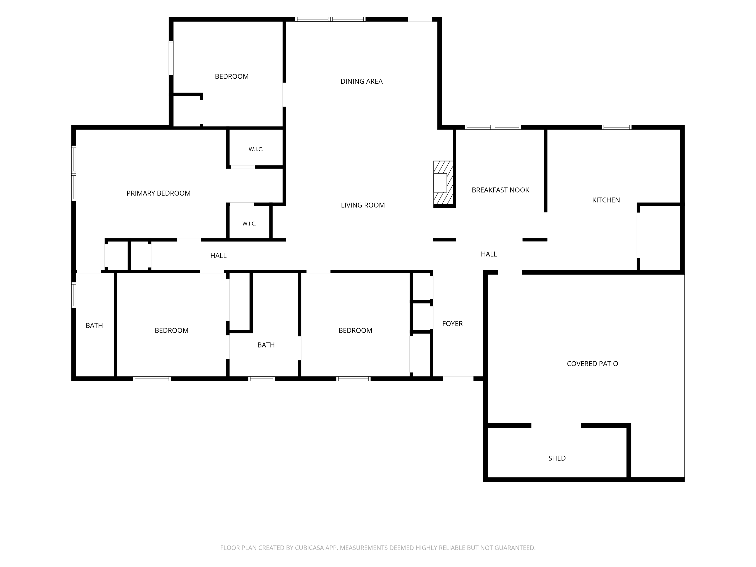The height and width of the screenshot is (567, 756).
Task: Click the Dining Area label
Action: [361, 81]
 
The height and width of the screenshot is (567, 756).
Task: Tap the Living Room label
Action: [363, 205]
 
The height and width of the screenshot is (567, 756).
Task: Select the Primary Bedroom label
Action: [159, 193]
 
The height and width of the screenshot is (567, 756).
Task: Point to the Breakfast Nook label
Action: [500, 190]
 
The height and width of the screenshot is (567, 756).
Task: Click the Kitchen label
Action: [606, 200]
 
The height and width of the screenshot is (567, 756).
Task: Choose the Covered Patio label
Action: [592, 364]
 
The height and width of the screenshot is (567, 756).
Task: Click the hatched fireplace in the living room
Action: [443, 183]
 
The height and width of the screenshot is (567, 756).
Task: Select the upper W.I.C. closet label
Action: [256, 149]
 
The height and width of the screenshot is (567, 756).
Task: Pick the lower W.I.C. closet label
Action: [249, 224]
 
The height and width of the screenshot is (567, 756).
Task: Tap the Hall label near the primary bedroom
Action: [218, 256]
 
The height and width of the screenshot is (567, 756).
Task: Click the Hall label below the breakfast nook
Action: [489, 254]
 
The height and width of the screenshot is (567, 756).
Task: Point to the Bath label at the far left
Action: [94, 326]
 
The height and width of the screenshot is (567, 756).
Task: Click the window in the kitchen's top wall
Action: [617, 128]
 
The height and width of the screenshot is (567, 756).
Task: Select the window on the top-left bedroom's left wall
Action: [171, 58]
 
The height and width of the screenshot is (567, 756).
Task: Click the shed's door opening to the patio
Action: [556, 426]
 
